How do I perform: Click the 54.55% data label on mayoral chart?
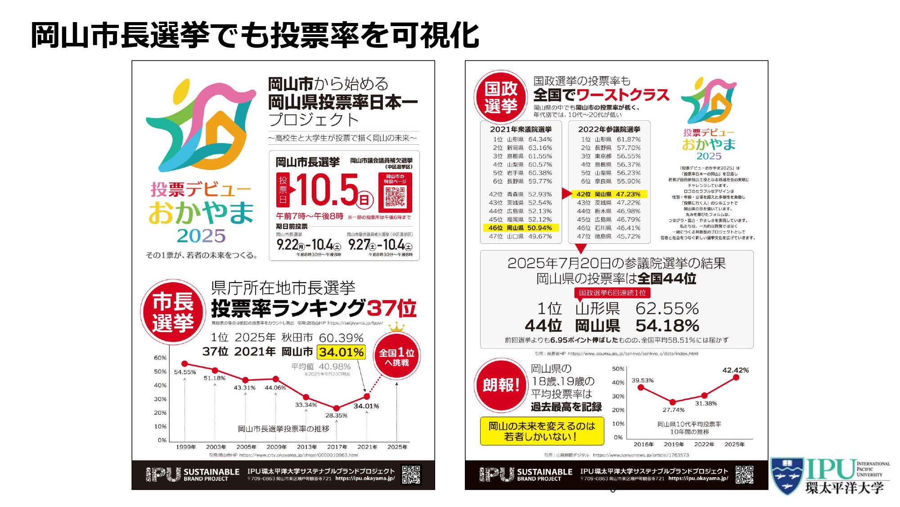point(185,372)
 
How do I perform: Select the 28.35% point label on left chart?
point(336,416)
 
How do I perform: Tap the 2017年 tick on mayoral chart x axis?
point(337,447)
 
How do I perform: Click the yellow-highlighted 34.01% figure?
point(341,352)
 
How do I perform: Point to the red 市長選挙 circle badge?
point(173,312)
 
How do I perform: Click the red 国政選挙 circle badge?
point(500,97)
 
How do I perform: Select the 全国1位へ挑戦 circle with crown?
point(396,356)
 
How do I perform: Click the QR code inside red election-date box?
point(395,197)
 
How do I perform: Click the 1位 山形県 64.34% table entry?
point(522,140)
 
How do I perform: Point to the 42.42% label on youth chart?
point(735,370)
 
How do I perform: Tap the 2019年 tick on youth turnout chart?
point(674,444)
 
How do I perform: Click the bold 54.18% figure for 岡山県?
point(667,325)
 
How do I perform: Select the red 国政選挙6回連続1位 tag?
point(612,293)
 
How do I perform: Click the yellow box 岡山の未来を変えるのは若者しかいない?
point(542,431)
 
